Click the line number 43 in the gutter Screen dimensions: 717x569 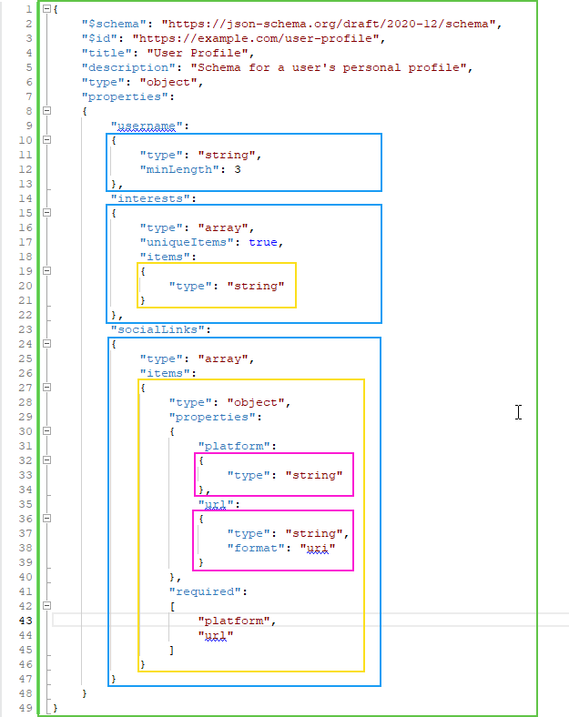26,620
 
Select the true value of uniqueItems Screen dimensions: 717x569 265,241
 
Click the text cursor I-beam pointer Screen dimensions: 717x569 518,412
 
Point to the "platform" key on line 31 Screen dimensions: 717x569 235,445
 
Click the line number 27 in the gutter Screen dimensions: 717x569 26,387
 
